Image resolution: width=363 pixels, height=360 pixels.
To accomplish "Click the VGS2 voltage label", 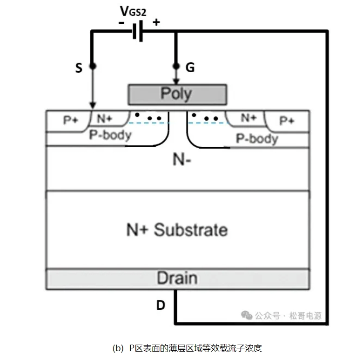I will [x=133, y=11].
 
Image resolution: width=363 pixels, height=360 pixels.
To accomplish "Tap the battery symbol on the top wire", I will [x=137, y=32].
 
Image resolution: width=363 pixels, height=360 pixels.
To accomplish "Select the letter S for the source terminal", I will [x=79, y=68].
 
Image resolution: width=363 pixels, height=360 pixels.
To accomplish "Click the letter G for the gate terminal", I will [x=190, y=68].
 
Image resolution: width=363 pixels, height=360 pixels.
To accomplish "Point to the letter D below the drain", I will [x=161, y=306].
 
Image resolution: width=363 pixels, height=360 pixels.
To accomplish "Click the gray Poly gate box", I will [x=177, y=94].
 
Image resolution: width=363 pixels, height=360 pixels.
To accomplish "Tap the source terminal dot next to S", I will [x=93, y=66].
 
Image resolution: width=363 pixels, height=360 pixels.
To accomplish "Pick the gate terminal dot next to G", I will [x=176, y=66].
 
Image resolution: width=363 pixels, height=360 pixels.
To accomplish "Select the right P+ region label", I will [x=287, y=120].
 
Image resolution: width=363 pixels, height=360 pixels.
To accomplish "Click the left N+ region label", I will [x=105, y=119].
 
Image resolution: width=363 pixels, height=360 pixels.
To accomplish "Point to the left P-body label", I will [x=110, y=136].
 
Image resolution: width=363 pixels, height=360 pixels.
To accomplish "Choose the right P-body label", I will [x=257, y=138].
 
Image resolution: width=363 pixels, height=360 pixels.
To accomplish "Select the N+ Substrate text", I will [x=177, y=229].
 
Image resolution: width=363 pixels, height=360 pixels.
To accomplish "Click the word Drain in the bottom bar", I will [x=177, y=278].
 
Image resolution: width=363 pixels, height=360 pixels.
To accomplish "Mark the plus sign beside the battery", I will [x=156, y=22].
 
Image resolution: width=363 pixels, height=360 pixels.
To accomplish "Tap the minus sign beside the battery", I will [x=122, y=22].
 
